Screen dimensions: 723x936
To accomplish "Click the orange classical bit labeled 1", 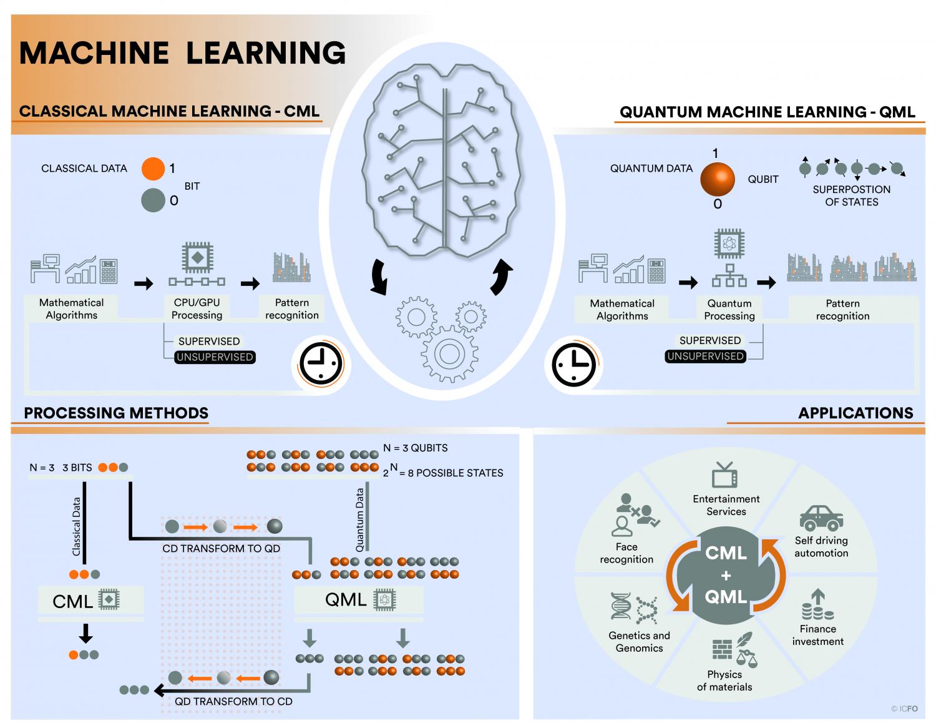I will pyautogui.click(x=153, y=169).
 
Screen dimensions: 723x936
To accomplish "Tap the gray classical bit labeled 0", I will pyautogui.click(x=153, y=200).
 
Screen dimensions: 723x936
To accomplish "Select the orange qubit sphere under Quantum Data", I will pyautogui.click(x=718, y=179).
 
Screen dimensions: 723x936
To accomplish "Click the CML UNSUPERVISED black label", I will pyautogui.click(x=215, y=357).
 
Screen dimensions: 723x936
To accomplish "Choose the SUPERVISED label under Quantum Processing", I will pyautogui.click(x=710, y=340).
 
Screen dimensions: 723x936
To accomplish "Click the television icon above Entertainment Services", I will pyautogui.click(x=725, y=475).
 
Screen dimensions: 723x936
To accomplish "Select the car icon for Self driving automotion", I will pyautogui.click(x=821, y=518).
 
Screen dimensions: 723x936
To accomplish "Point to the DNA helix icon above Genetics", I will pyautogui.click(x=621, y=606).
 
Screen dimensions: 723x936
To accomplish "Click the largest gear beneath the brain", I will pyautogui.click(x=449, y=354).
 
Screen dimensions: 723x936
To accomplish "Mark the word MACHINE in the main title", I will pyautogui.click(x=94, y=54).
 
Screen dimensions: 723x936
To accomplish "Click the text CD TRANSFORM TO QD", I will pyautogui.click(x=222, y=548).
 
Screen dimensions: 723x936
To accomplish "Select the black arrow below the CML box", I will pyautogui.click(x=86, y=633).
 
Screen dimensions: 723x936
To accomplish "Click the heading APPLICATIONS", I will pyautogui.click(x=856, y=413).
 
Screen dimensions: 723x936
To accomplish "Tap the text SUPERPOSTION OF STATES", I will pyautogui.click(x=851, y=195).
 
